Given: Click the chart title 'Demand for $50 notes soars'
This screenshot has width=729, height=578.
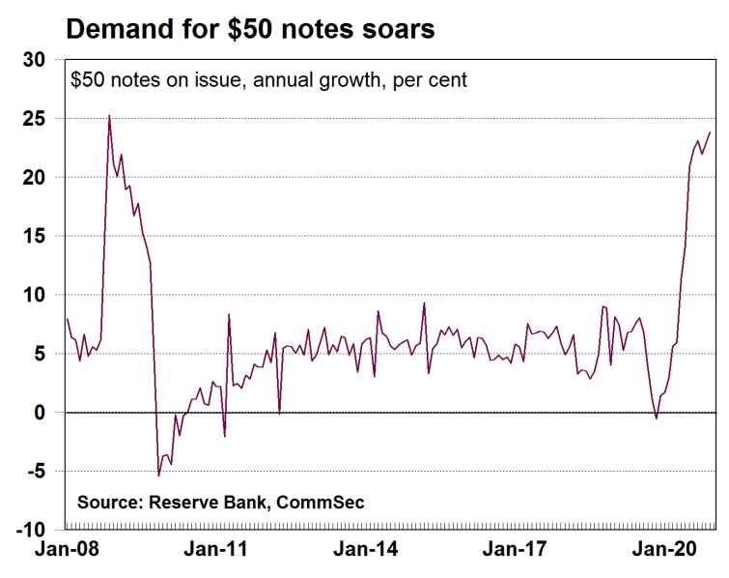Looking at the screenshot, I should coord(249,29).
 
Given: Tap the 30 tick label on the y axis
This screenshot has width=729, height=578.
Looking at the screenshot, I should coord(35,60).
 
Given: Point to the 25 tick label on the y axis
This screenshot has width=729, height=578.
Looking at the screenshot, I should coord(35,119).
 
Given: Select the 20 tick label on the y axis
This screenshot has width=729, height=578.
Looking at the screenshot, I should coord(35,178).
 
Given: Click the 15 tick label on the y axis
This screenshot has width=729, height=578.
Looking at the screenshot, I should coord(35,237).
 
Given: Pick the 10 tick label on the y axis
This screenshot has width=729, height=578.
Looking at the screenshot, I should coord(35,296).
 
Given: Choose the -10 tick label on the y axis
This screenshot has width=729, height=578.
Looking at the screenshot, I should coord(33,531).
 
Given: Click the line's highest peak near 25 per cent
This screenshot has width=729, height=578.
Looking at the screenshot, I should coord(109,116).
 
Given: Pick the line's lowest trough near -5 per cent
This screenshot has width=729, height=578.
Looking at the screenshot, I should coord(159,476).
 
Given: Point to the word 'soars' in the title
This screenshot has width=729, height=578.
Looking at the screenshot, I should coord(398,29).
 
